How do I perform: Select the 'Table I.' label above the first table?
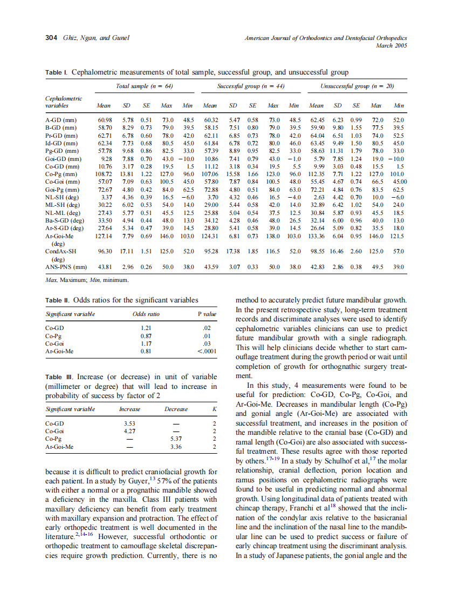pyautogui.click(x=57, y=72)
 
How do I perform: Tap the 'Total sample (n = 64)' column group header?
pyautogui.click(x=144, y=86)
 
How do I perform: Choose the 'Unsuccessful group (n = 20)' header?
pyautogui.click(x=357, y=86)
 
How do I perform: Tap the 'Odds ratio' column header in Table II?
pyautogui.click(x=146, y=314)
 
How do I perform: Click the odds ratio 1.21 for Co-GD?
pyautogui.click(x=146, y=328)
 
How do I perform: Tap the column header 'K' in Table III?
pyautogui.click(x=214, y=409)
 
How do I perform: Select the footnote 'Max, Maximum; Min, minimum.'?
pyautogui.click(x=86, y=280)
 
